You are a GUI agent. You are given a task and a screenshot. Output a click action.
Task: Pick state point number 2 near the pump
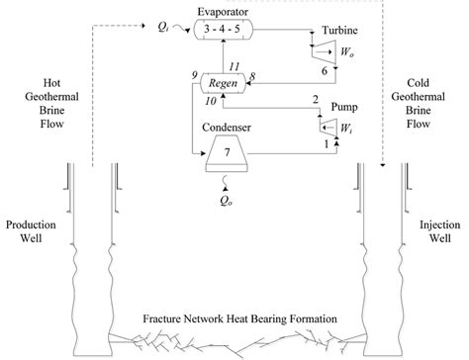[x=316, y=99]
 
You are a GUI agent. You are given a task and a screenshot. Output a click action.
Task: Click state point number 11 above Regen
[x=233, y=66]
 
